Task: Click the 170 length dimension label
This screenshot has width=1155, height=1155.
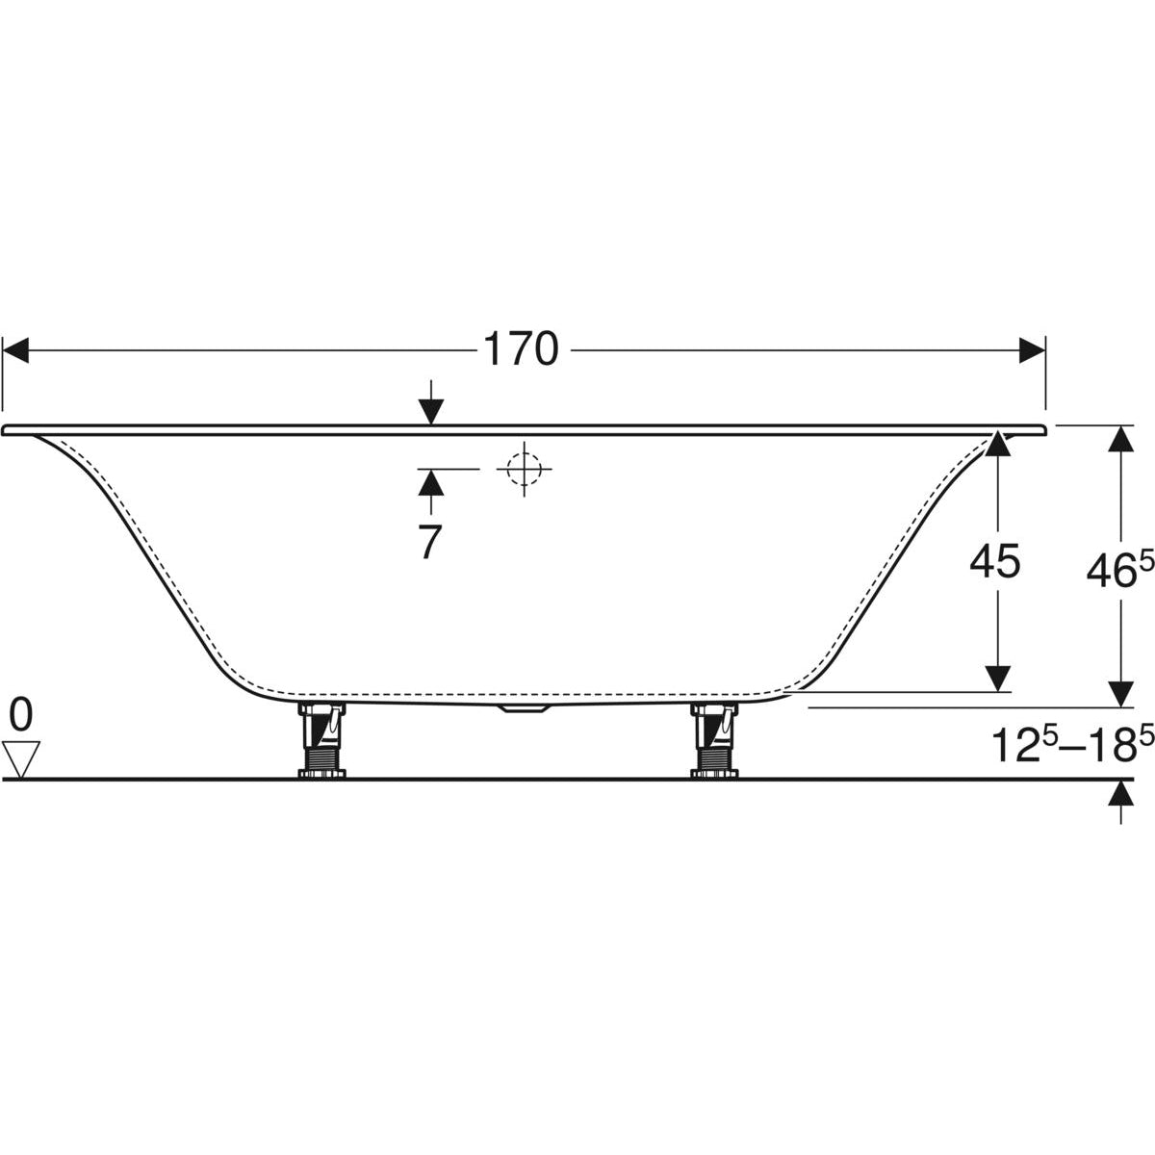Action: coord(521,349)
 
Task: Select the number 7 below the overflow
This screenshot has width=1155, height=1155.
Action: coord(429,543)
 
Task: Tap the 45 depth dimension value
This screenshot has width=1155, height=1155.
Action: coord(995,562)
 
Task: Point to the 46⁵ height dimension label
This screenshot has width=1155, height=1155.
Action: coord(1119,571)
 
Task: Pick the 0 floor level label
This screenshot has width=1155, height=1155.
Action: coord(20,715)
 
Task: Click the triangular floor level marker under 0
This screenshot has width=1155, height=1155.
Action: coord(20,758)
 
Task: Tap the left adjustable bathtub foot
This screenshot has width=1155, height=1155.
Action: coord(321,737)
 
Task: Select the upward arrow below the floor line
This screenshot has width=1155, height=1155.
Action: coord(1119,795)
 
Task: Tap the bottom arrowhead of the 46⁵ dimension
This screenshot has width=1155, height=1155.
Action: coord(1119,693)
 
